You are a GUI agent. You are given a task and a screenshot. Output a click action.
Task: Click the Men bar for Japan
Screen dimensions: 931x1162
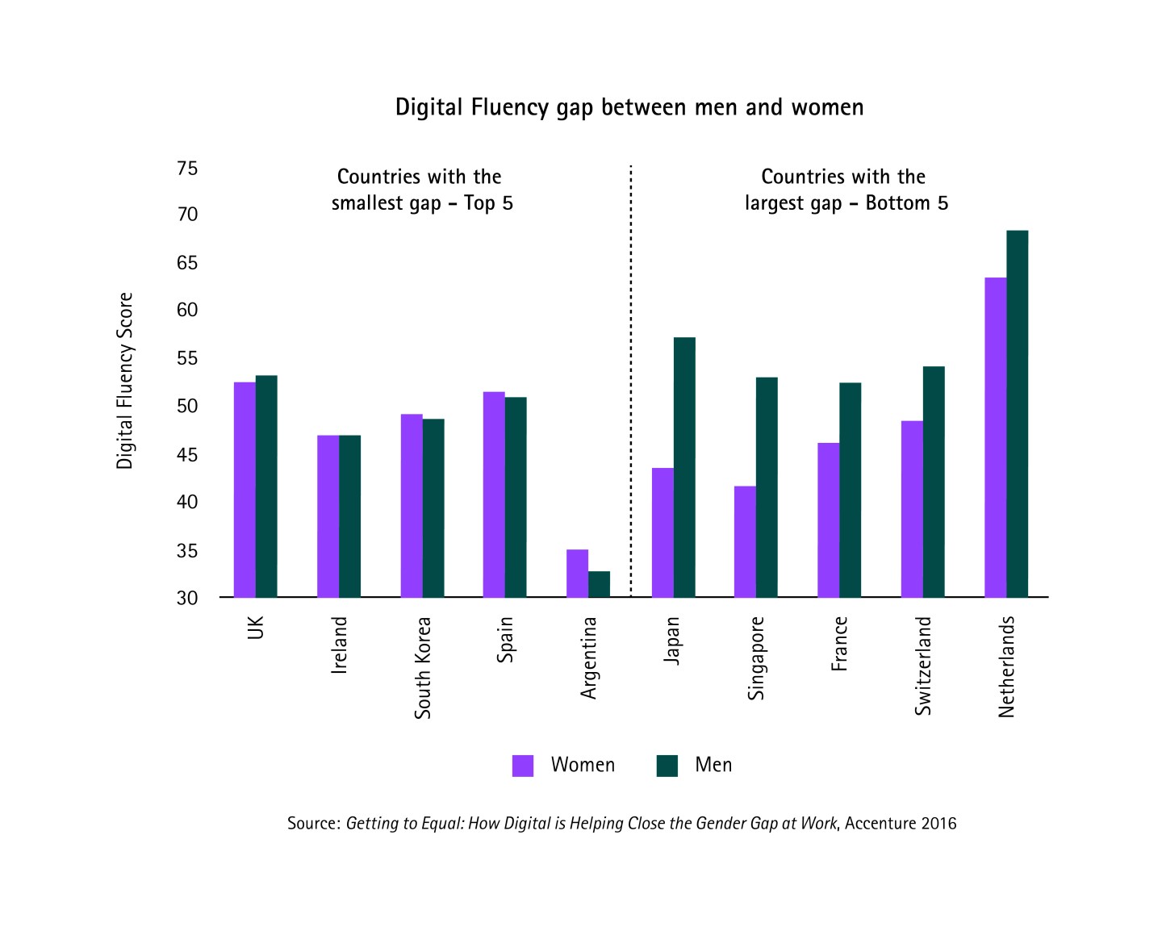(x=684, y=467)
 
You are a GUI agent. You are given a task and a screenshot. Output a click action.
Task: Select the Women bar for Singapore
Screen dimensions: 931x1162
(x=745, y=541)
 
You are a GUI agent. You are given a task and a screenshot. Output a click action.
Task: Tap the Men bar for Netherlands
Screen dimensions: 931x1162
(x=1017, y=414)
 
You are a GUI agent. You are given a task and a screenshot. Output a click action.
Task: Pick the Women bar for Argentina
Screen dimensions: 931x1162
(x=577, y=574)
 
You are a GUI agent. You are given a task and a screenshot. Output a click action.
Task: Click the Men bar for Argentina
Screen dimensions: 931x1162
(x=599, y=584)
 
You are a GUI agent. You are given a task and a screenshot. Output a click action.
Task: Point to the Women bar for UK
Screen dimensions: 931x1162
(x=245, y=490)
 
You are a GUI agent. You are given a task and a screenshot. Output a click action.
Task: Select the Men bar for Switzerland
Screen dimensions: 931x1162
(x=934, y=482)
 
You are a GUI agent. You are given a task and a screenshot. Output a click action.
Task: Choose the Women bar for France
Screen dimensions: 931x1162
(x=828, y=520)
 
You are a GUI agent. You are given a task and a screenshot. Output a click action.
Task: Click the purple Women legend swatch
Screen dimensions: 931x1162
(x=523, y=766)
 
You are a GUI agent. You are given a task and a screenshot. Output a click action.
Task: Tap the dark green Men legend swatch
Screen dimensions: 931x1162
(x=667, y=766)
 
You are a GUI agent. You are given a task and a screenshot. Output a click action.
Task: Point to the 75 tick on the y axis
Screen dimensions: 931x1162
(x=187, y=169)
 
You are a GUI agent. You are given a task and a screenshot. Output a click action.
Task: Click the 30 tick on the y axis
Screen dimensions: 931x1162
(x=187, y=598)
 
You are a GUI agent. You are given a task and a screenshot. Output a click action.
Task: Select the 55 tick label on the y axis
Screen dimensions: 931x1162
(x=187, y=358)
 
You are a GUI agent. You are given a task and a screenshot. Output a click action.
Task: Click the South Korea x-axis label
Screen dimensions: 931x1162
(x=423, y=668)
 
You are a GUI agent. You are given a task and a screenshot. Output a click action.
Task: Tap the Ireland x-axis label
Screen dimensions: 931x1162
(x=340, y=645)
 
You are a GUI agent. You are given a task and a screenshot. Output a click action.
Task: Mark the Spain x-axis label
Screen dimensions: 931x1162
(x=505, y=640)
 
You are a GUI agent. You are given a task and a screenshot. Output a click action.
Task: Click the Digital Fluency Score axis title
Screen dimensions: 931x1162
(x=124, y=381)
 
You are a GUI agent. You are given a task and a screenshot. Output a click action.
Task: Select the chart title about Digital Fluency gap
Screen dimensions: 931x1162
(x=629, y=107)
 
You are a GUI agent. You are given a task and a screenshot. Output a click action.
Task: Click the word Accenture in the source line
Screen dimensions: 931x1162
(x=881, y=824)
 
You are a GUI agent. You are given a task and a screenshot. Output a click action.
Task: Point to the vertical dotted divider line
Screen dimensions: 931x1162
(x=630, y=379)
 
